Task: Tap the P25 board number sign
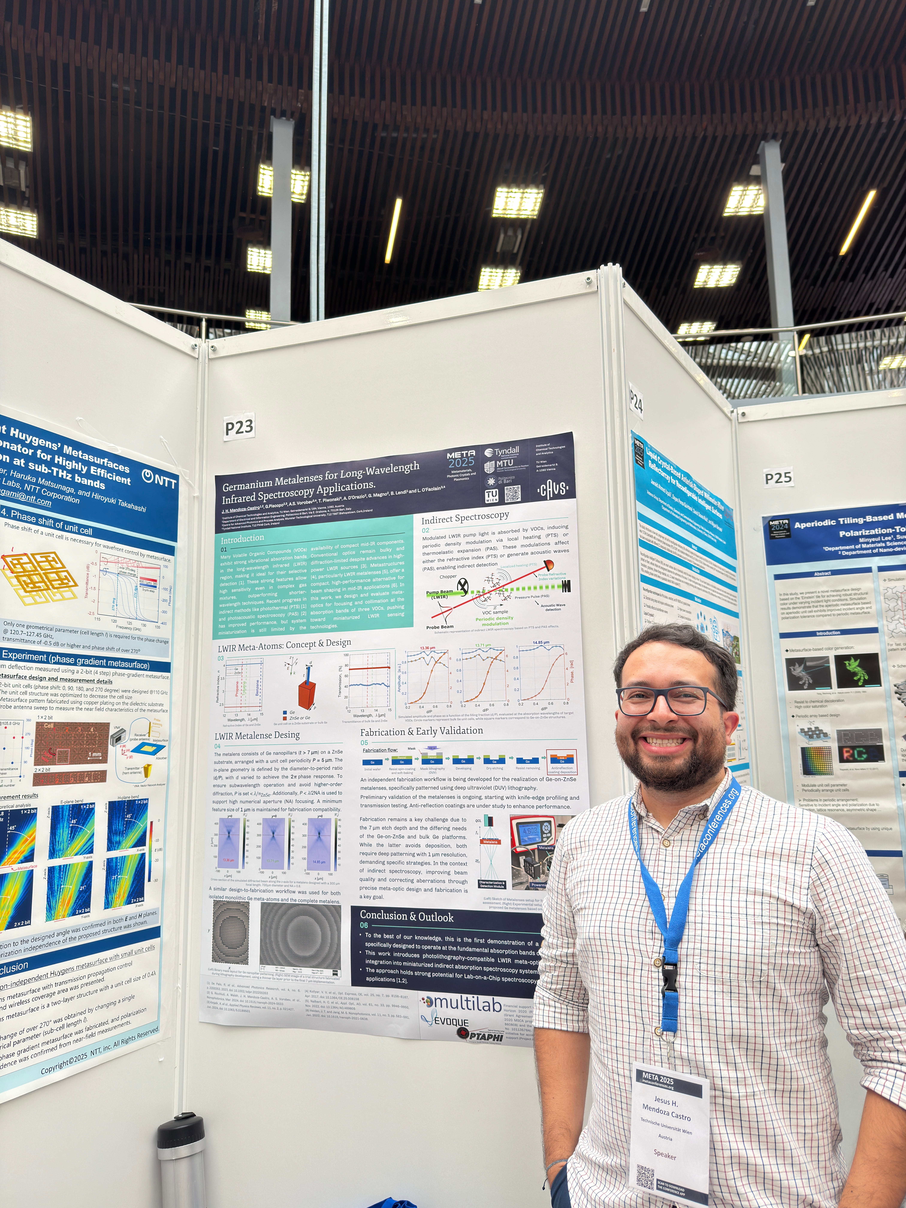pyautogui.click(x=778, y=478)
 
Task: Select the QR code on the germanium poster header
pyautogui.click(x=512, y=494)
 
